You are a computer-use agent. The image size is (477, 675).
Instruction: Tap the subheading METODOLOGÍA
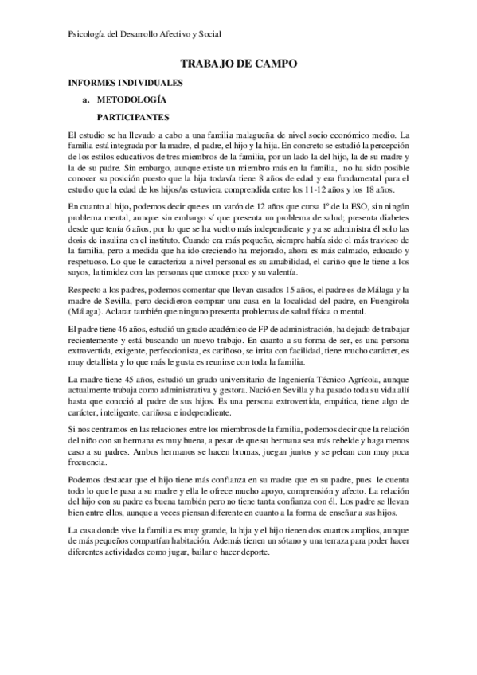click(x=131, y=99)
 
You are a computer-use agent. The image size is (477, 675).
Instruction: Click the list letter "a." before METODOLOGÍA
click(x=87, y=99)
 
